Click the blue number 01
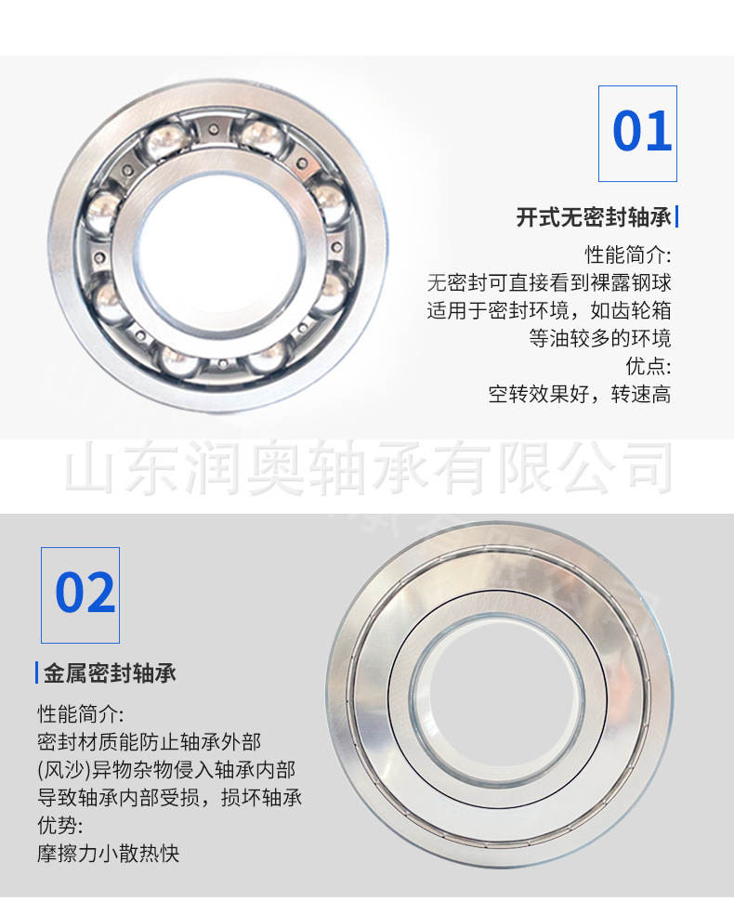point(642,131)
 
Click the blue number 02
point(85,593)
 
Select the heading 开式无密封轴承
point(594,217)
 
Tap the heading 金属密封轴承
point(110,673)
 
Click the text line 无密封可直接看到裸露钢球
point(549,282)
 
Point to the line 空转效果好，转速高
point(580,395)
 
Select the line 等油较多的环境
point(600,339)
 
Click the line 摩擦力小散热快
point(109,854)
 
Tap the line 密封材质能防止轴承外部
point(150,741)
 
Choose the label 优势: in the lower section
point(60,826)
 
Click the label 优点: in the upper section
point(649,367)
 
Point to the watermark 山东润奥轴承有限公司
point(369,468)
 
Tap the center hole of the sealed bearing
point(497,701)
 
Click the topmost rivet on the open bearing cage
point(214,129)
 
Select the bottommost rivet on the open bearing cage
point(223,364)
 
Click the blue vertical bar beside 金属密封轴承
point(37,672)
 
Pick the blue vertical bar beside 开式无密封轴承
point(676,216)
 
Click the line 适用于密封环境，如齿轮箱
point(549,310)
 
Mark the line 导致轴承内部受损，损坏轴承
point(170,797)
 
